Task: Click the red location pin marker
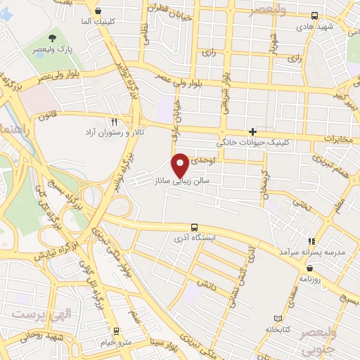click(182, 165)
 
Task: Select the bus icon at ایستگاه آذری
click(194, 227)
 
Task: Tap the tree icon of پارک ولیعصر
click(53, 38)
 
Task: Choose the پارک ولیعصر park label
click(53, 51)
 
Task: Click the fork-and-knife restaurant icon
click(124, 122)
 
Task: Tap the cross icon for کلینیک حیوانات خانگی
click(253, 131)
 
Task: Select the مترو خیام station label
click(115, 341)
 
